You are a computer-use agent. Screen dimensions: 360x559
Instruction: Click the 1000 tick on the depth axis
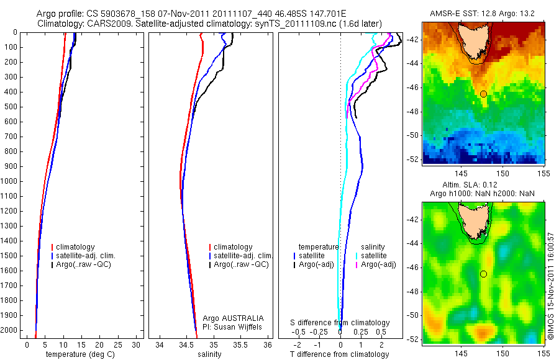point(11,181)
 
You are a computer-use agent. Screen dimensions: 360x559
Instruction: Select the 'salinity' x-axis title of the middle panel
point(209,354)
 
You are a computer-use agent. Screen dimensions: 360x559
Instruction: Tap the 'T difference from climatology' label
point(340,354)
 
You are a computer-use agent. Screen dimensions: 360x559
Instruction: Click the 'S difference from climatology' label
point(340,323)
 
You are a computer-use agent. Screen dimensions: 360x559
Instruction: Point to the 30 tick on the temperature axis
point(137,344)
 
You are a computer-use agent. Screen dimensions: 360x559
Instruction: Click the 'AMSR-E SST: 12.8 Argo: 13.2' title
point(483,14)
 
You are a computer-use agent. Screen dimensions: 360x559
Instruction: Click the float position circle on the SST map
point(483,94)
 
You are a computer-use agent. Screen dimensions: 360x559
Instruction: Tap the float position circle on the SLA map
point(483,274)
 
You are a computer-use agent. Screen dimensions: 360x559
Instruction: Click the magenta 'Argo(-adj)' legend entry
point(375,264)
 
